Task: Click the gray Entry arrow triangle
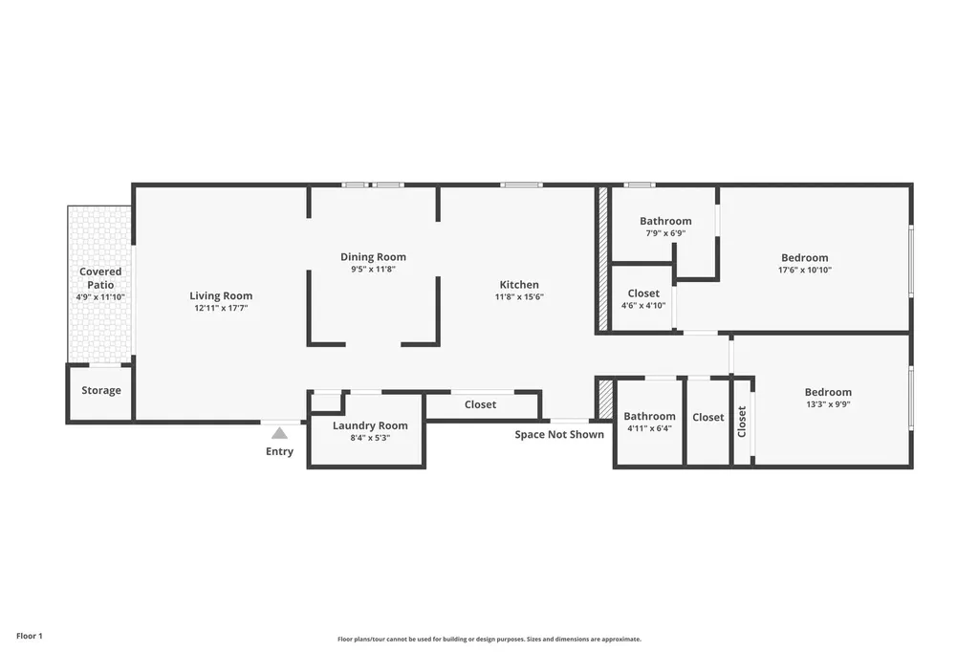click(x=280, y=433)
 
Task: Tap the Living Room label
click(x=221, y=296)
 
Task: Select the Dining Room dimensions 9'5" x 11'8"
click(x=374, y=270)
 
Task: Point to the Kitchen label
click(x=519, y=285)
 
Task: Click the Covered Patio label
click(x=100, y=278)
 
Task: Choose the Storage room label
click(x=101, y=390)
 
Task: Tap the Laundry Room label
click(x=370, y=425)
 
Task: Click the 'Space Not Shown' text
click(x=559, y=435)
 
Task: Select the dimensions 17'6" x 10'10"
click(x=805, y=270)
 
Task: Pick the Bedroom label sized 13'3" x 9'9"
click(x=828, y=392)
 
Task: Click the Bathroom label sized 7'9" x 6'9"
click(x=665, y=221)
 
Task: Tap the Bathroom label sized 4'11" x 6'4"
click(x=649, y=416)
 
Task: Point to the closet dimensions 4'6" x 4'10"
click(x=643, y=305)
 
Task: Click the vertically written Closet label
click(x=742, y=422)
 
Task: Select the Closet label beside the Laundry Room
click(x=480, y=404)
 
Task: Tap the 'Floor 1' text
click(x=30, y=636)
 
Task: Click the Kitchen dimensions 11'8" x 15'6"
click(x=519, y=296)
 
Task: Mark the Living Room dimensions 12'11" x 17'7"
click(x=221, y=308)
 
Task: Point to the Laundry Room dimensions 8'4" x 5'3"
click(x=370, y=438)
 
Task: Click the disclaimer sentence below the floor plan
click(x=489, y=639)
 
